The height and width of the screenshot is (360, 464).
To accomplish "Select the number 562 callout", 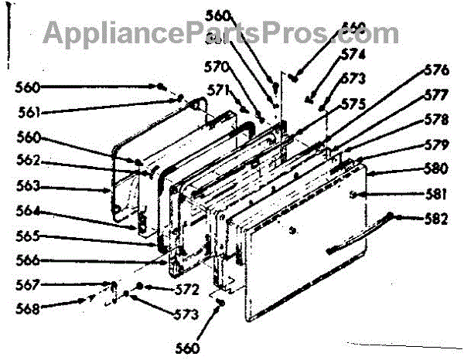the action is [30, 163].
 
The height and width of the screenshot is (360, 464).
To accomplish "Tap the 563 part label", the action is [30, 186].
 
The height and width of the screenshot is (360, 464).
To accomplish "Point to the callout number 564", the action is [30, 212].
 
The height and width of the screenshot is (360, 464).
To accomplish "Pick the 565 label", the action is [30, 236].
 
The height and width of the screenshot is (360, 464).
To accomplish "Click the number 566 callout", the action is [30, 260].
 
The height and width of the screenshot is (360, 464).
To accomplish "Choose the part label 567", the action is [30, 285].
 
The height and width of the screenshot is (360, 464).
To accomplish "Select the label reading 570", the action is [217, 66].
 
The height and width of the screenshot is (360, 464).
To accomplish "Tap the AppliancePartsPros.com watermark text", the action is [220, 32].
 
